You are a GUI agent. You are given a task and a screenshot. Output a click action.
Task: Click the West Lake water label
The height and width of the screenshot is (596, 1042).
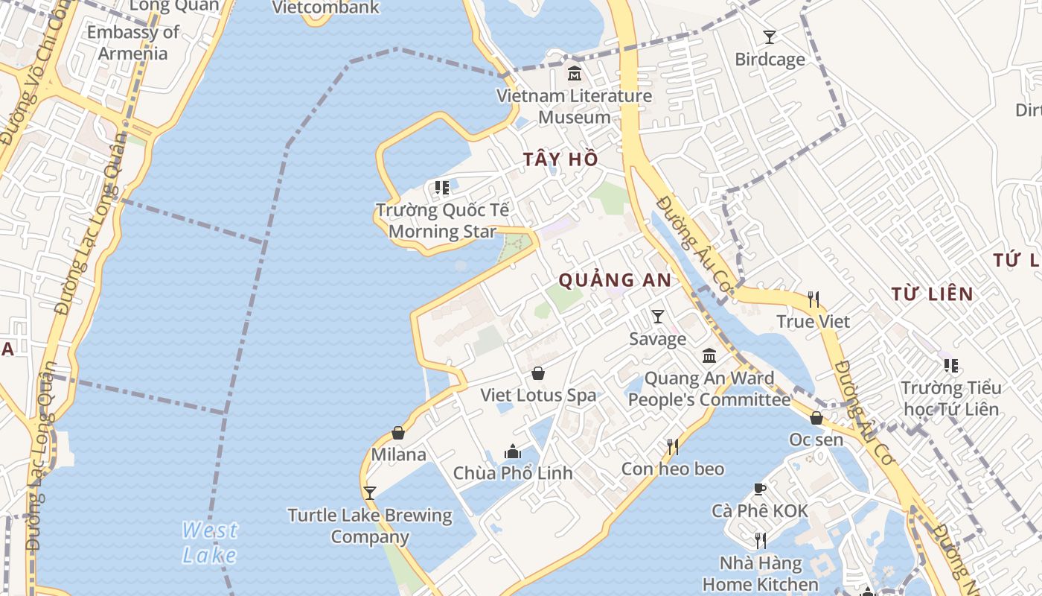210,542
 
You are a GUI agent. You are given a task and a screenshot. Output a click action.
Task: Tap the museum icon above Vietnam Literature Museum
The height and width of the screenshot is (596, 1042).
575,74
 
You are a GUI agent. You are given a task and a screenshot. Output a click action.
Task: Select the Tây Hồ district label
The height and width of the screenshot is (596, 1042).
560,159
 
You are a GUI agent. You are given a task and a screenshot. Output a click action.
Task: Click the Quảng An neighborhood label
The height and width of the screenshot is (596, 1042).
615,280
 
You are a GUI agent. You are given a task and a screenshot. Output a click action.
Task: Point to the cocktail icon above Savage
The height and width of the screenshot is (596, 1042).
658,317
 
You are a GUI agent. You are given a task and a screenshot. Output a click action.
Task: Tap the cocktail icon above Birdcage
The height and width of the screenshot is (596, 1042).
770,37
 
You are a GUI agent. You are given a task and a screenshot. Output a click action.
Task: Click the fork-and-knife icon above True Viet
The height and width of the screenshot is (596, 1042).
814,299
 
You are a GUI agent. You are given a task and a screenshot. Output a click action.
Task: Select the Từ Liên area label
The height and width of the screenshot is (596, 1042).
933,294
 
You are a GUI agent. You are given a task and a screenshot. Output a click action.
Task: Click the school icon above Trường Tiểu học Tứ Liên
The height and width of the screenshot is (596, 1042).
950,365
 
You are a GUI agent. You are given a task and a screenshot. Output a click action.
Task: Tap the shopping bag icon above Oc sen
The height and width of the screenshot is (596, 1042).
816,417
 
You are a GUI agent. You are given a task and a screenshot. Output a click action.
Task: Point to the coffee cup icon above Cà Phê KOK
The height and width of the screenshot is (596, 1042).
759,489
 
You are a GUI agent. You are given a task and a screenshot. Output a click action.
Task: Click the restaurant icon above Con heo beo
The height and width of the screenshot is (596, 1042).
673,446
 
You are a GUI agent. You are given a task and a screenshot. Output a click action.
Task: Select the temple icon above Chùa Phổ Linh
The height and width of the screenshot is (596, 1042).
513,451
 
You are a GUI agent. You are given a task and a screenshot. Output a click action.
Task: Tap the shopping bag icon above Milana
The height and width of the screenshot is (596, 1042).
398,432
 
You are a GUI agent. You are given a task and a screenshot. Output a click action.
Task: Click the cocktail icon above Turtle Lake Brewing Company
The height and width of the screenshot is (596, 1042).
369,492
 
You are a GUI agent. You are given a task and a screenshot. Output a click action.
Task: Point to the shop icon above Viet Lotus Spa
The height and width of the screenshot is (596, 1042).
538,373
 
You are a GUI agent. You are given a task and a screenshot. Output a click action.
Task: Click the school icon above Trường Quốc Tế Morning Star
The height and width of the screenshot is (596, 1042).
442,187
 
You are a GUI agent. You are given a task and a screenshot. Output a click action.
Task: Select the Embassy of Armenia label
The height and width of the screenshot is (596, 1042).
133,42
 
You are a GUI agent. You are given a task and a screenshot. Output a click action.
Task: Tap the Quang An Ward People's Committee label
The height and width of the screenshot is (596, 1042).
709,389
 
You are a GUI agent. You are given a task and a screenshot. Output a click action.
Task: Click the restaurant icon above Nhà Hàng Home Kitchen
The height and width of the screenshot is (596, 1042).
760,540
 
